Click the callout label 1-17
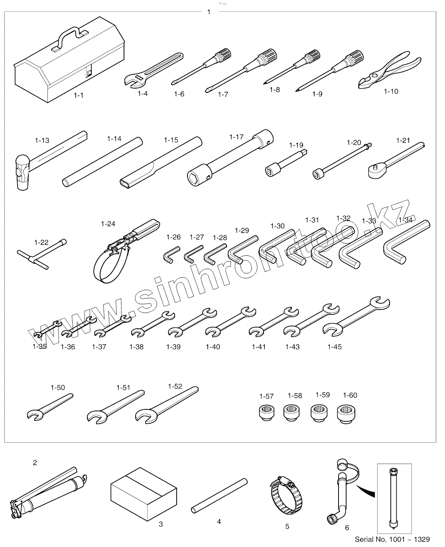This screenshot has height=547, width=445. [236, 137]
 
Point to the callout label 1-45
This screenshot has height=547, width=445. [334, 347]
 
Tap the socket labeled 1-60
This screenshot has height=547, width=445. [346, 413]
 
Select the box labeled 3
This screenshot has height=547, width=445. [143, 495]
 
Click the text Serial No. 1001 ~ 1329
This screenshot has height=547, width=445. [392, 539]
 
